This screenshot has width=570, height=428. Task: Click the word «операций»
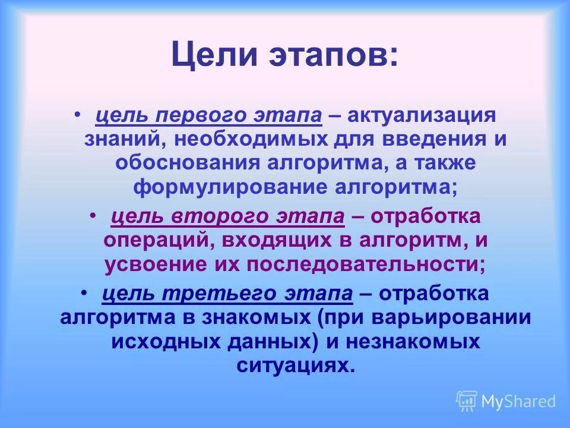pos(157,241)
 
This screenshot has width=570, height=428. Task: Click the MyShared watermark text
pos(518,402)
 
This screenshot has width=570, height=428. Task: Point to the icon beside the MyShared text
pos(467,401)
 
